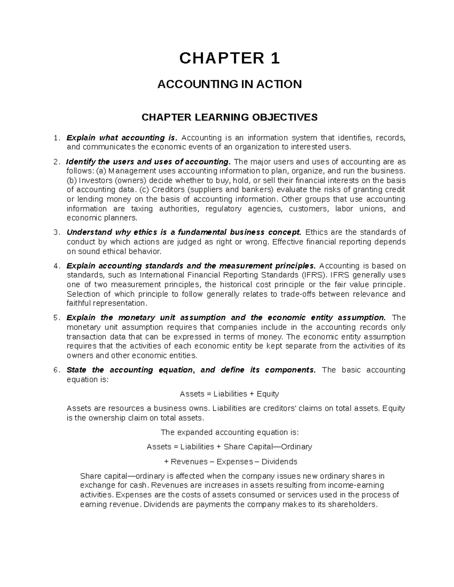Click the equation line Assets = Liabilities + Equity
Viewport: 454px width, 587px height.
coord(229,394)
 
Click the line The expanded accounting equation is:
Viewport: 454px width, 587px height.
coord(230,432)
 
